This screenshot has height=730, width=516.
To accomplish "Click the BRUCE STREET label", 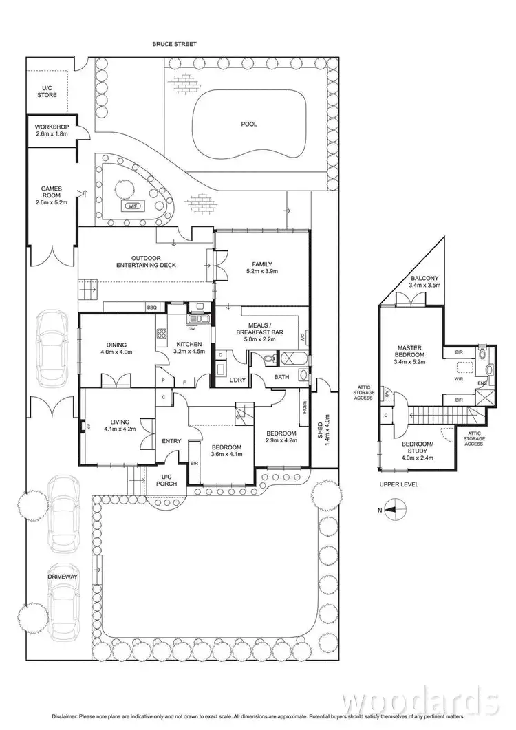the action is [175, 44].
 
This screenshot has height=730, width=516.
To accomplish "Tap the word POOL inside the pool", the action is [248, 125].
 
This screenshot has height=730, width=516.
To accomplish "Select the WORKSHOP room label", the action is [52, 127].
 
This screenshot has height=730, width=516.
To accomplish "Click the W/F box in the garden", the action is [130, 206].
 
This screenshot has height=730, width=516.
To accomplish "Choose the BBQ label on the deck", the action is [152, 308].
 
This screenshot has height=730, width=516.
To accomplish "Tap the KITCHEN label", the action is [189, 344].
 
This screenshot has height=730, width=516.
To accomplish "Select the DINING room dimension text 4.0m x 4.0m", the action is [116, 352].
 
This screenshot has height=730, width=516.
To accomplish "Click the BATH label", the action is [281, 377].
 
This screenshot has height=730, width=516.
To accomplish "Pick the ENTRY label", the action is [171, 441].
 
